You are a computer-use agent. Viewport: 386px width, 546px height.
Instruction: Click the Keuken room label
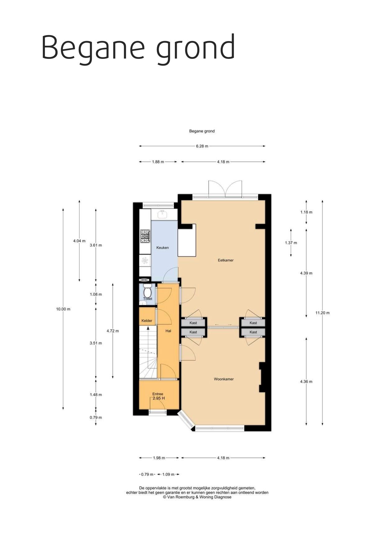click(162, 248)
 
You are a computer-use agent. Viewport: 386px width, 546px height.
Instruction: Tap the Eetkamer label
click(226, 260)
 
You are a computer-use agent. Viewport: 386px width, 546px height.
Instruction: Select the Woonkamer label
click(224, 379)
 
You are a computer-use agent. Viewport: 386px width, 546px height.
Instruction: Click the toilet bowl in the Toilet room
click(147, 292)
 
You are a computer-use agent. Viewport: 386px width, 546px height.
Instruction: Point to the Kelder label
click(147, 320)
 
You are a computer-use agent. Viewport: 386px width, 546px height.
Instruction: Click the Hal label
click(168, 331)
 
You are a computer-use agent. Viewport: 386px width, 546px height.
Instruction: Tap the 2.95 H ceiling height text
click(158, 398)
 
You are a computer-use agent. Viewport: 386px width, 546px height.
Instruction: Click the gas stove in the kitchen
click(145, 236)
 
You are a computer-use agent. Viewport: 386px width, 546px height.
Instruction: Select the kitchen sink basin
click(162, 214)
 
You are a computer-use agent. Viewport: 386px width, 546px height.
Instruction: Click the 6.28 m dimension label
click(202, 146)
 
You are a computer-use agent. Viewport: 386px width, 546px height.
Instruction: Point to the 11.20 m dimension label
click(322, 313)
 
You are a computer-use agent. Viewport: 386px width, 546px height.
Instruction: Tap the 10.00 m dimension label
click(63, 309)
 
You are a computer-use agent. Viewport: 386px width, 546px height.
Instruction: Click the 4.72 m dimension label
click(113, 331)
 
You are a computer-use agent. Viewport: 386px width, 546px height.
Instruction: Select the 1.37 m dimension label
click(291, 243)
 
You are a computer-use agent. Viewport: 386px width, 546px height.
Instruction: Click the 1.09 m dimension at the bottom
click(168, 474)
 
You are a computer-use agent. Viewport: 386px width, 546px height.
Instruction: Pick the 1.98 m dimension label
click(159, 458)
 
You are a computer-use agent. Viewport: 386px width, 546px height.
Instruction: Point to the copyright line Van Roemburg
click(197, 497)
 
